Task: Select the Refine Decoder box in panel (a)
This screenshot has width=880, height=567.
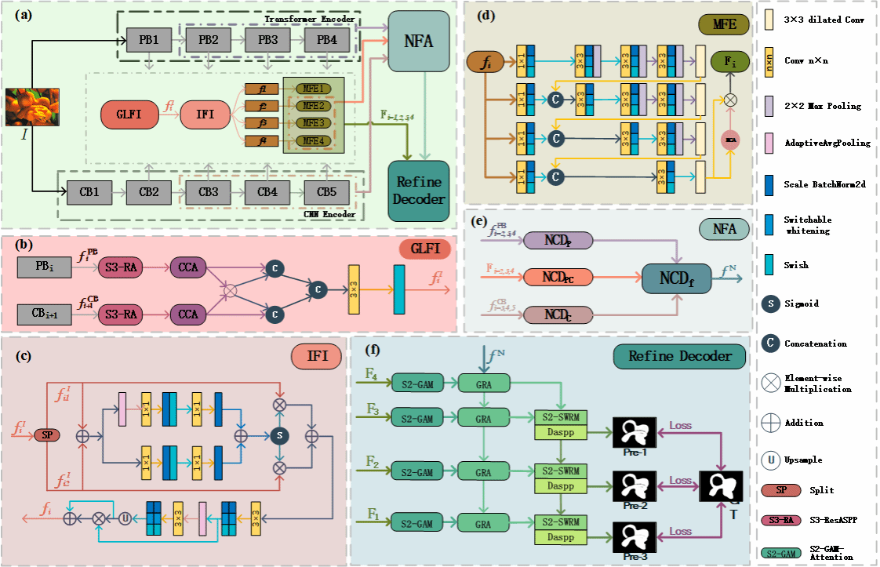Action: [x=418, y=190]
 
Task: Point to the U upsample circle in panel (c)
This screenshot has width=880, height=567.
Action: [x=123, y=518]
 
